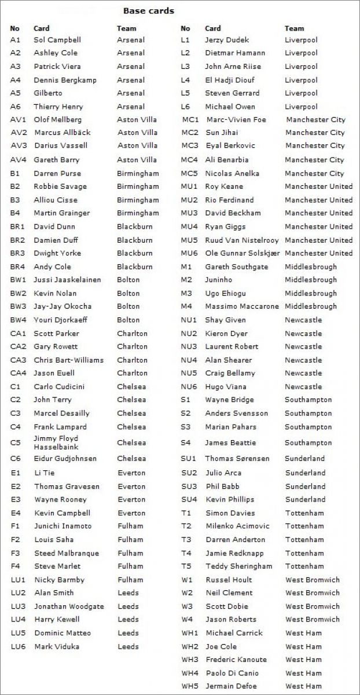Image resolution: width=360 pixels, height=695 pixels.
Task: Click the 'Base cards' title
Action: (x=148, y=10)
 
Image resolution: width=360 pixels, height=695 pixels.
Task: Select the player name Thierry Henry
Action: (x=58, y=107)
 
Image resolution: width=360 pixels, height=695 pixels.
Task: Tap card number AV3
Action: (x=19, y=145)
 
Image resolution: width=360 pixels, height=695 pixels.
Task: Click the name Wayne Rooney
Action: (x=60, y=499)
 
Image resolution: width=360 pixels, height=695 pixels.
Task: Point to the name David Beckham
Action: (x=233, y=213)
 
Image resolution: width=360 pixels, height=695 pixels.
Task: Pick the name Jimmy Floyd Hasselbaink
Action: (x=56, y=442)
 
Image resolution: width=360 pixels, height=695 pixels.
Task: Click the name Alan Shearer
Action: (x=228, y=360)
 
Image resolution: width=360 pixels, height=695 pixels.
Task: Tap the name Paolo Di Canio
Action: (x=232, y=673)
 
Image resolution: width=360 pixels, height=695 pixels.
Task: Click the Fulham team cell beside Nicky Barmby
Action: (x=130, y=580)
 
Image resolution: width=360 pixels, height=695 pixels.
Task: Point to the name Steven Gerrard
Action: (x=232, y=93)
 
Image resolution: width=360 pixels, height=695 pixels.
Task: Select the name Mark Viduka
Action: (x=57, y=646)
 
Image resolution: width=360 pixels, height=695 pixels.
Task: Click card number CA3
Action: (x=19, y=360)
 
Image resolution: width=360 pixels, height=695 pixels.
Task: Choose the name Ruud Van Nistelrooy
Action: (x=241, y=240)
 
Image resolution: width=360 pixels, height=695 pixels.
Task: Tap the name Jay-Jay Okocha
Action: (x=63, y=306)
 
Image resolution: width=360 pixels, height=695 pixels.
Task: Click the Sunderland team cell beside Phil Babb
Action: (x=305, y=487)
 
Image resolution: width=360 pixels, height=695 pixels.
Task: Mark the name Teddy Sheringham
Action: (x=238, y=566)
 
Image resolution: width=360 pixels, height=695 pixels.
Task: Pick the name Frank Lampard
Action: (x=60, y=427)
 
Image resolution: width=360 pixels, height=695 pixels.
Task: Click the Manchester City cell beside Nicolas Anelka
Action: (x=314, y=173)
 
